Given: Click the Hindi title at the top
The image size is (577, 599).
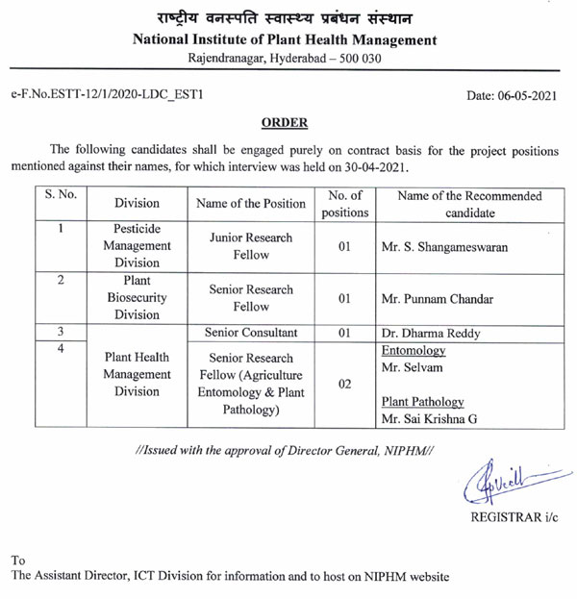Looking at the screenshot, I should (x=284, y=16).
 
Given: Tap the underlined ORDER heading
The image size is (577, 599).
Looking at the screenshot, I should (x=284, y=122).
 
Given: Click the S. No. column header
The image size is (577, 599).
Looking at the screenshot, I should (x=59, y=195).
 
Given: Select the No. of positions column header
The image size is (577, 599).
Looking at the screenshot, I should (x=344, y=204).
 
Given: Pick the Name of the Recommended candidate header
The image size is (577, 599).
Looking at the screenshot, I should (x=469, y=204).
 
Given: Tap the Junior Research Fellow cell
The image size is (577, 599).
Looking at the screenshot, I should (x=250, y=246).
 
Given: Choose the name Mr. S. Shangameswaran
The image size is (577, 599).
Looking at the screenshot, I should (x=443, y=247).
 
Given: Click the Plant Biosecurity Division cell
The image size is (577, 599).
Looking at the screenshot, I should (x=137, y=298).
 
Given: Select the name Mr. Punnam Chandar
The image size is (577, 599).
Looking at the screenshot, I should (x=438, y=299).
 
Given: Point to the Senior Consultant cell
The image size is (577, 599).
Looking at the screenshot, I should (x=251, y=333).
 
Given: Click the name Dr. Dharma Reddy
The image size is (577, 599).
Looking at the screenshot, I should (x=432, y=334).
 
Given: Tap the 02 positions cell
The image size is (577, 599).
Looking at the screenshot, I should (x=344, y=384).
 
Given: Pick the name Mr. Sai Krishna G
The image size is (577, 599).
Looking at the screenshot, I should (x=429, y=418).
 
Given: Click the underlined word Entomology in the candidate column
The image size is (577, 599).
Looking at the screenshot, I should (x=414, y=351).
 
